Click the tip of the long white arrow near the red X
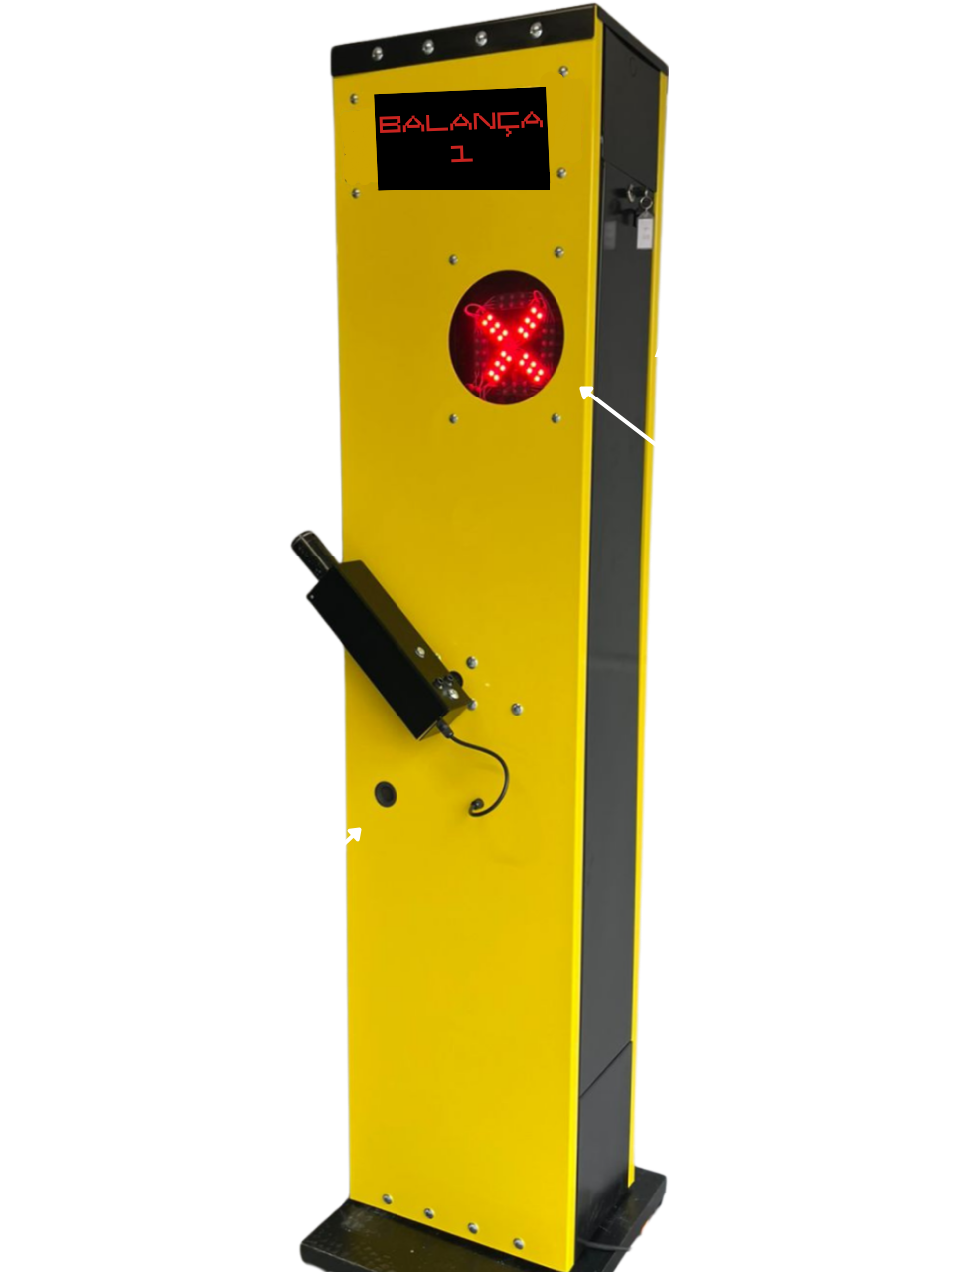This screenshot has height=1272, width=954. point(580,388)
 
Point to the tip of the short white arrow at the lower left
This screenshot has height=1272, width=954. point(361,829)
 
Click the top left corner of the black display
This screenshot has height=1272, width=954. point(375,95)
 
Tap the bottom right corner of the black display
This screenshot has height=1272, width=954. point(550,189)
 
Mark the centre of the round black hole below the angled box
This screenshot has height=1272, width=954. point(386,794)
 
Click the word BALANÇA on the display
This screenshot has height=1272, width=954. point(460,123)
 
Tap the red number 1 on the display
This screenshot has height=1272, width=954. point(461,153)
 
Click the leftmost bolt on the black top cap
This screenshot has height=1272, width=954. point(377,54)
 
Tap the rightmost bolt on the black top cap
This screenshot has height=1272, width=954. point(536,29)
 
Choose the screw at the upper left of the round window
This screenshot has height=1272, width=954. point(453,259)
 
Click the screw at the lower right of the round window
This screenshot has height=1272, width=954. point(556,417)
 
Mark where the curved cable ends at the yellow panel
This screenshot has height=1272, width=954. point(477,806)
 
